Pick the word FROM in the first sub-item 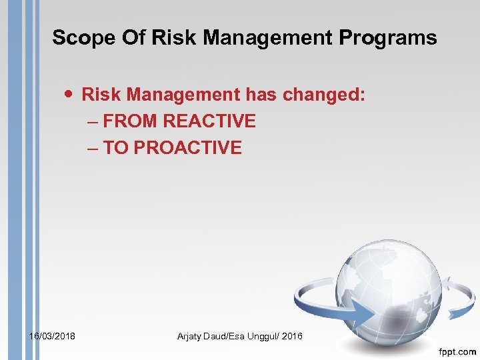pos(131,121)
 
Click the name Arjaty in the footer pos(191,337)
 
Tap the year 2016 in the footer pos(292,337)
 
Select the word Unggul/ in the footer pos(259,337)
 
